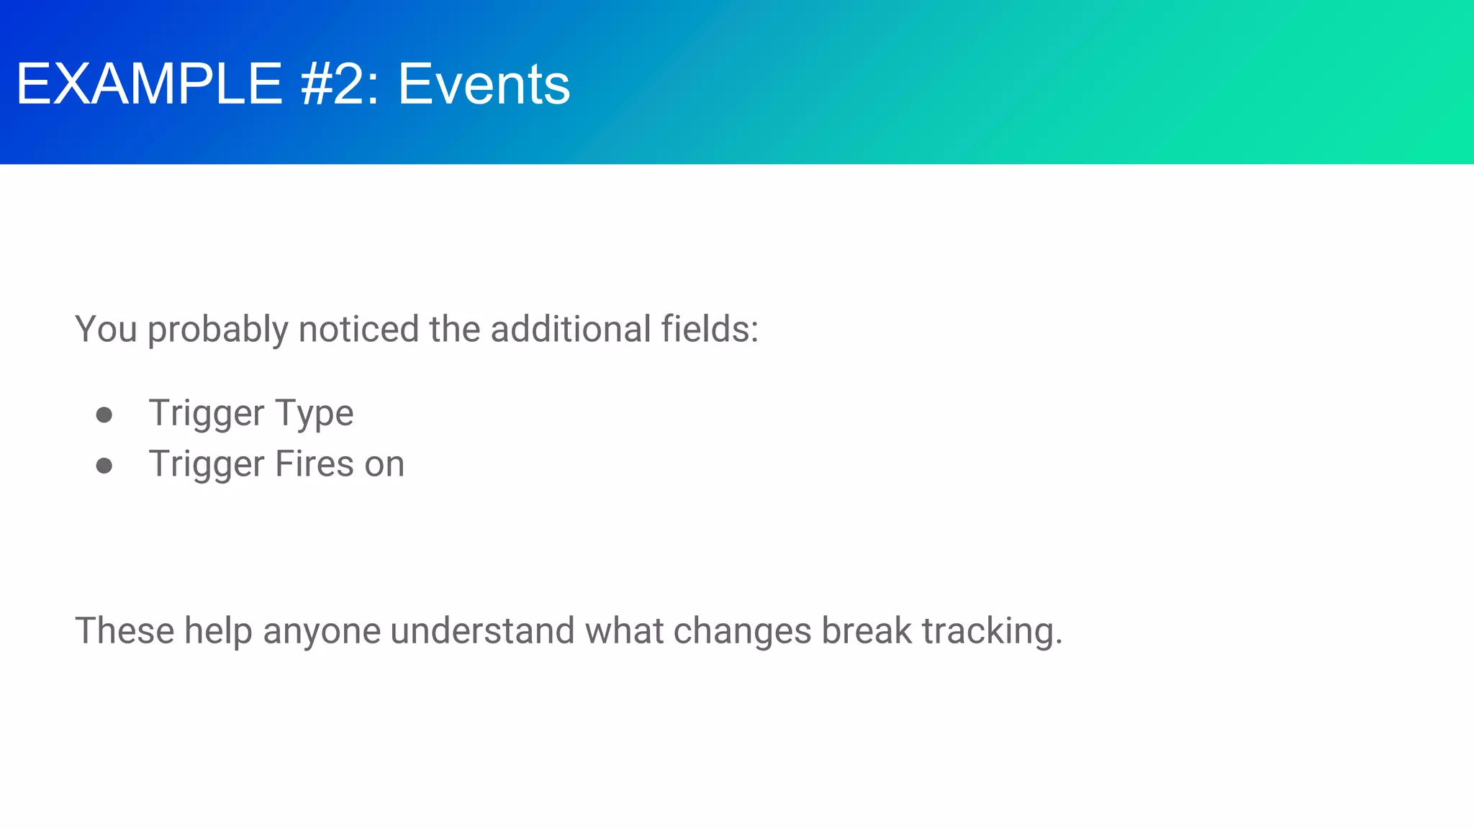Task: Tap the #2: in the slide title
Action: point(339,84)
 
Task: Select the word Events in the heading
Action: point(484,84)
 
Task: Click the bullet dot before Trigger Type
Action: point(104,414)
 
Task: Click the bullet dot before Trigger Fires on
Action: point(104,466)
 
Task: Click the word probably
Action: point(218,330)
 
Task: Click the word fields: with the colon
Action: point(710,329)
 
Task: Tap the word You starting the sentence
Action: point(106,329)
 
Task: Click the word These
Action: point(124,630)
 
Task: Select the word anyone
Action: point(322,632)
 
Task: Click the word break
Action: point(867,630)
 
